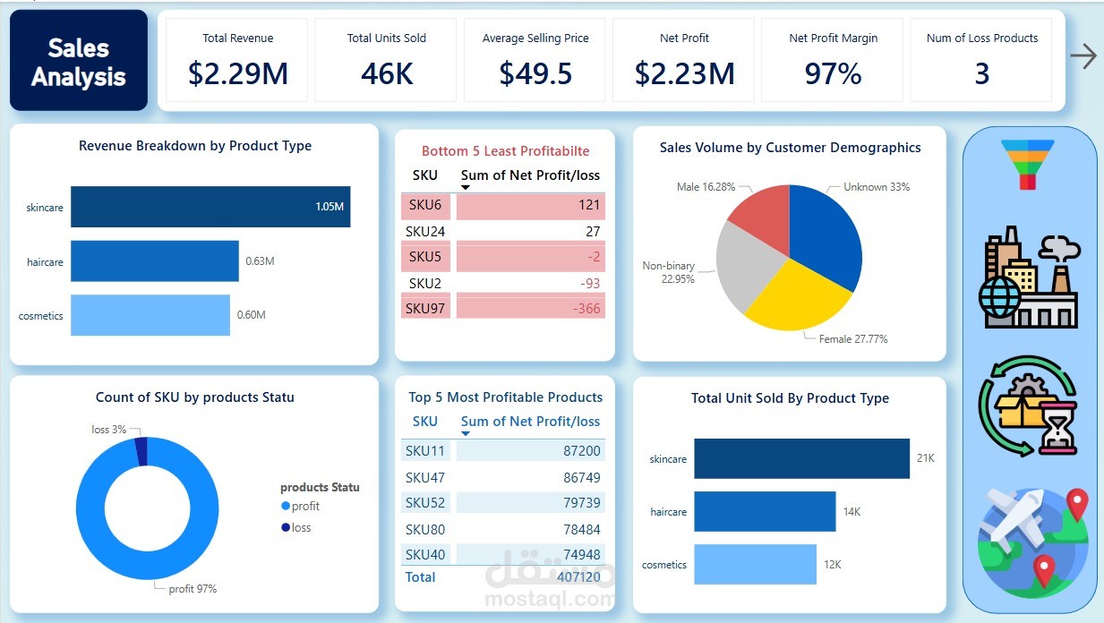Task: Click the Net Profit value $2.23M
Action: pyautogui.click(x=684, y=73)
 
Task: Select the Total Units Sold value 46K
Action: pyautogui.click(x=387, y=73)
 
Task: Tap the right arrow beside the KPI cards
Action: pyautogui.click(x=1083, y=57)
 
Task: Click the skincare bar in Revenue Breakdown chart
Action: pyautogui.click(x=210, y=207)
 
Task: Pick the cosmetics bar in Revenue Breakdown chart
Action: pyautogui.click(x=150, y=315)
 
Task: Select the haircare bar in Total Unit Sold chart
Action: pyautogui.click(x=765, y=511)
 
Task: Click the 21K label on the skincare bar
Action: pyautogui.click(x=925, y=458)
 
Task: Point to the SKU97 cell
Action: pyautogui.click(x=424, y=309)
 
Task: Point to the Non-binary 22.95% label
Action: pyautogui.click(x=668, y=272)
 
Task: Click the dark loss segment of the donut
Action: pyautogui.click(x=141, y=451)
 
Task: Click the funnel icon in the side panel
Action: pyautogui.click(x=1027, y=165)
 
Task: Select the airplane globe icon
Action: pyautogui.click(x=1032, y=541)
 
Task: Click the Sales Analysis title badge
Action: pyautogui.click(x=79, y=61)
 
